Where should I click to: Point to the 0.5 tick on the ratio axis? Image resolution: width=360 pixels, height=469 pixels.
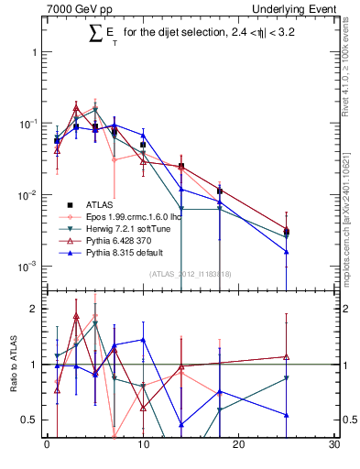tap(30, 420)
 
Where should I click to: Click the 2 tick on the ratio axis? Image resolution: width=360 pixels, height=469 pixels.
tap(35, 309)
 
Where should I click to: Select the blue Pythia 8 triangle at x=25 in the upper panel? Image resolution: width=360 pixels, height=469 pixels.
tap(287, 251)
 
